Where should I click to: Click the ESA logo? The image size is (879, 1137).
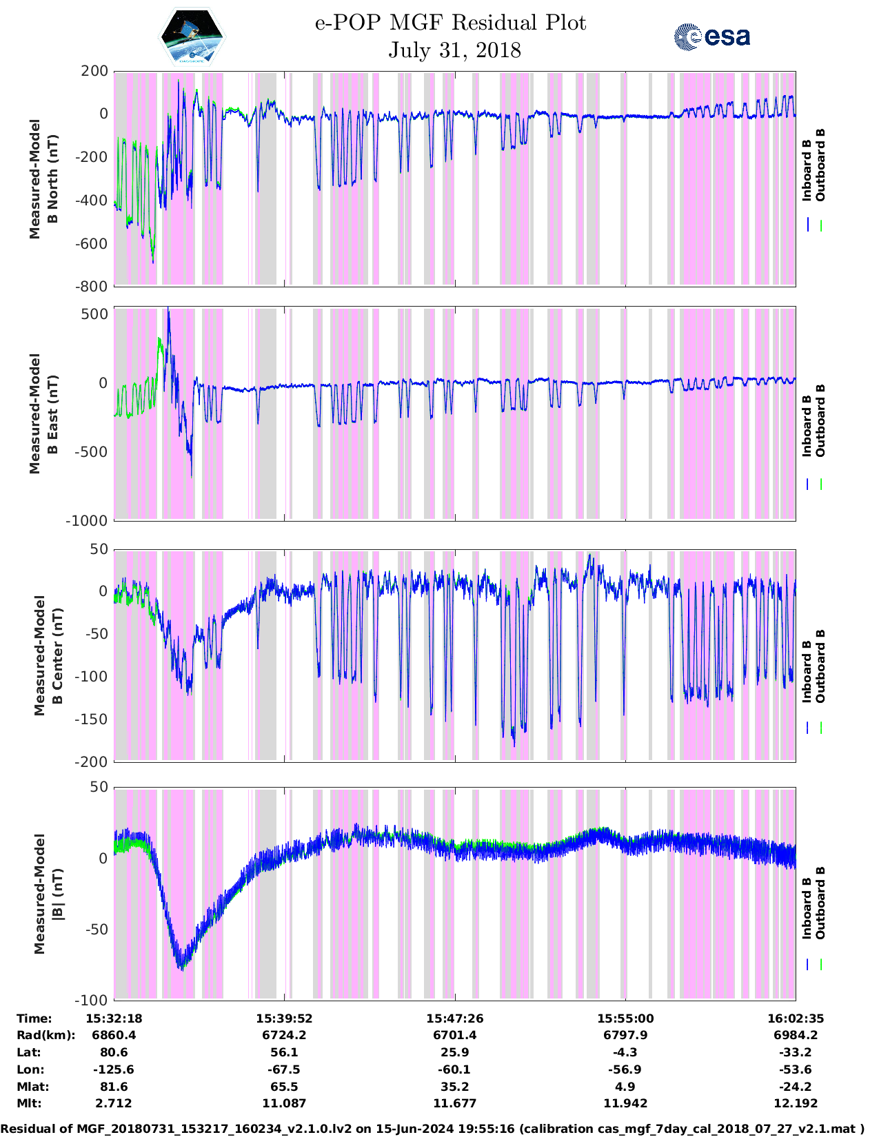pyautogui.click(x=711, y=37)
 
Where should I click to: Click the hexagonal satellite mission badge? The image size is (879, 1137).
pyautogui.click(x=192, y=37)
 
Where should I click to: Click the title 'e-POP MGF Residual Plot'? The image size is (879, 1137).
pyautogui.click(x=450, y=23)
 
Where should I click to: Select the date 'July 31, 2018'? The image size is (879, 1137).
pyautogui.click(x=454, y=50)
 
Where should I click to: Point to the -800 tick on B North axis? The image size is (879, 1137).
pyautogui.click(x=94, y=286)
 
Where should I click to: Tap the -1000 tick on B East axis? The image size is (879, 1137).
pyautogui.click(x=87, y=521)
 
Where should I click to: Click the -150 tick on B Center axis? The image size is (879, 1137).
pyautogui.click(x=94, y=719)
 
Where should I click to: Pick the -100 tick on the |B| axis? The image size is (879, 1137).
pyautogui.click(x=94, y=1000)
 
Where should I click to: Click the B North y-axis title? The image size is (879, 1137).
pyautogui.click(x=43, y=179)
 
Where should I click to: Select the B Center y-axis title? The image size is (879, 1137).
pyautogui.click(x=48, y=655)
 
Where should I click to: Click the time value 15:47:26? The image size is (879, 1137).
pyautogui.click(x=454, y=1018)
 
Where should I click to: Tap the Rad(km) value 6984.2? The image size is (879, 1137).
pyautogui.click(x=795, y=1035)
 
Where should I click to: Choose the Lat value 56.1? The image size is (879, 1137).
pyautogui.click(x=284, y=1052)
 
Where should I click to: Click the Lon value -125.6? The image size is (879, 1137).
pyautogui.click(x=114, y=1069)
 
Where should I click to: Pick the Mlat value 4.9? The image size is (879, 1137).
pyautogui.click(x=625, y=1087)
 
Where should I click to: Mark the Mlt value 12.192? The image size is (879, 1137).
pyautogui.click(x=795, y=1103)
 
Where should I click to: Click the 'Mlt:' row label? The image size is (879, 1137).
pyautogui.click(x=29, y=1103)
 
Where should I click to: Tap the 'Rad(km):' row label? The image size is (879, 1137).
pyautogui.click(x=46, y=1035)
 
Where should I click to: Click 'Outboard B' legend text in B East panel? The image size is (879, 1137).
pyautogui.click(x=820, y=420)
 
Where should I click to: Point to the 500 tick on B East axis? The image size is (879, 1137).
pyautogui.click(x=95, y=314)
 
